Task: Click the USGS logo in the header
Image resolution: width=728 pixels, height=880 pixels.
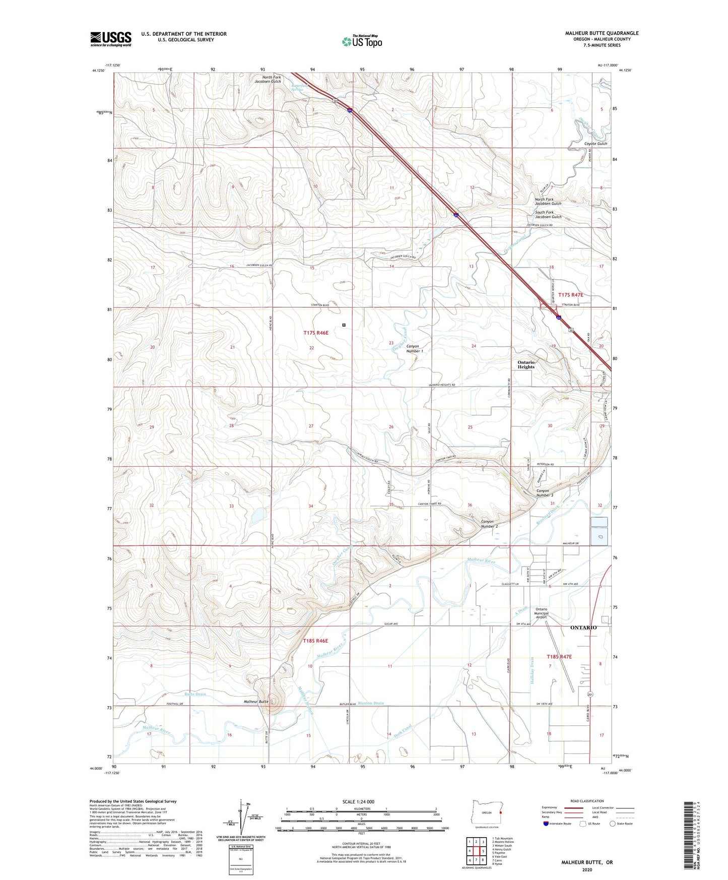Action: tap(111, 38)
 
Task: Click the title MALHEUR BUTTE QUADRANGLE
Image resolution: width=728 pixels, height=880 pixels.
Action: tap(602, 33)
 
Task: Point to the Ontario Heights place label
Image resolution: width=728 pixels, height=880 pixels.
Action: tap(526, 364)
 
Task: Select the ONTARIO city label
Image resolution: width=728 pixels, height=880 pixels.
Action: tap(583, 627)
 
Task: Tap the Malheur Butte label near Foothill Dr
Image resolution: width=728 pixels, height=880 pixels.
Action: tap(256, 702)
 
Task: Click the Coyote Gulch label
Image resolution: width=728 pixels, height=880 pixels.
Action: tap(595, 144)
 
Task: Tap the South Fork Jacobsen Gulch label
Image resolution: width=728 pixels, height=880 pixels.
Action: tap(548, 215)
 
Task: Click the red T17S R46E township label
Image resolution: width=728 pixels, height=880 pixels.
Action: tap(316, 333)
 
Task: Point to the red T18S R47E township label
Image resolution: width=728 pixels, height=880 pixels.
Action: tap(559, 657)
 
